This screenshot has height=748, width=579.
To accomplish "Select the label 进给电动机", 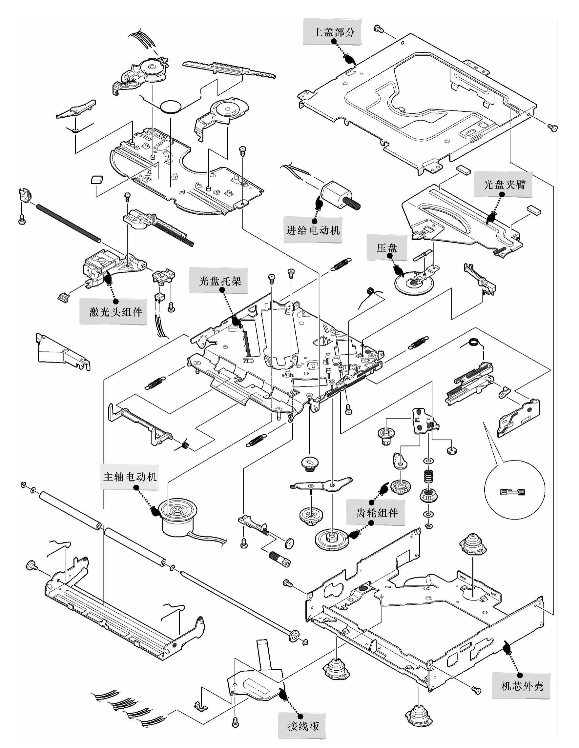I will click(313, 230).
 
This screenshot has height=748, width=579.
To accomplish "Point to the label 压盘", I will click(387, 247).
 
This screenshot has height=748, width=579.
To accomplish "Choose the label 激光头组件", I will click(115, 312).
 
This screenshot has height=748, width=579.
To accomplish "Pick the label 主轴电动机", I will click(130, 476).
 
